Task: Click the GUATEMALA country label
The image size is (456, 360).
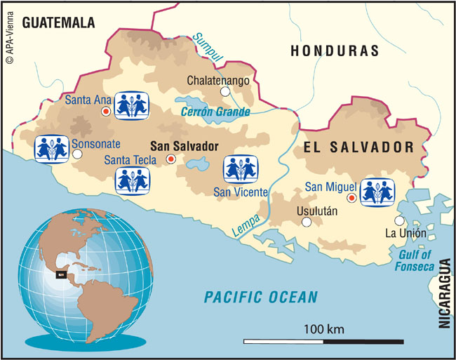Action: click(58, 23)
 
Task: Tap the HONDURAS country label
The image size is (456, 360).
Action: click(335, 51)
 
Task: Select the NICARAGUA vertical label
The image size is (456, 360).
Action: click(443, 294)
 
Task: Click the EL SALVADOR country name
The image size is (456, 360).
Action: click(357, 147)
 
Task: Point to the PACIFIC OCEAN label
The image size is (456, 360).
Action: click(260, 296)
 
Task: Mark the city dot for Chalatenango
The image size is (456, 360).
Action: click(225, 91)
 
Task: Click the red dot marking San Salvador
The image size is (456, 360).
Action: click(170, 160)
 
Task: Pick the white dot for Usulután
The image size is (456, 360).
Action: click(306, 222)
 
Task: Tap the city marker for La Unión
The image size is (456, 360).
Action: click(399, 220)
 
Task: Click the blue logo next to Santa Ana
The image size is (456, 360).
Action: click(133, 105)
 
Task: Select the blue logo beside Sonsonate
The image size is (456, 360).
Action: click(51, 149)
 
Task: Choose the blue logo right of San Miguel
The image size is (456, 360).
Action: click(377, 191)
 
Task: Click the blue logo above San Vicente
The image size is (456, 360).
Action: click(240, 170)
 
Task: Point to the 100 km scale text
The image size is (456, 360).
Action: click(323, 328)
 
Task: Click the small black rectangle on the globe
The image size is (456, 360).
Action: click(61, 274)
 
